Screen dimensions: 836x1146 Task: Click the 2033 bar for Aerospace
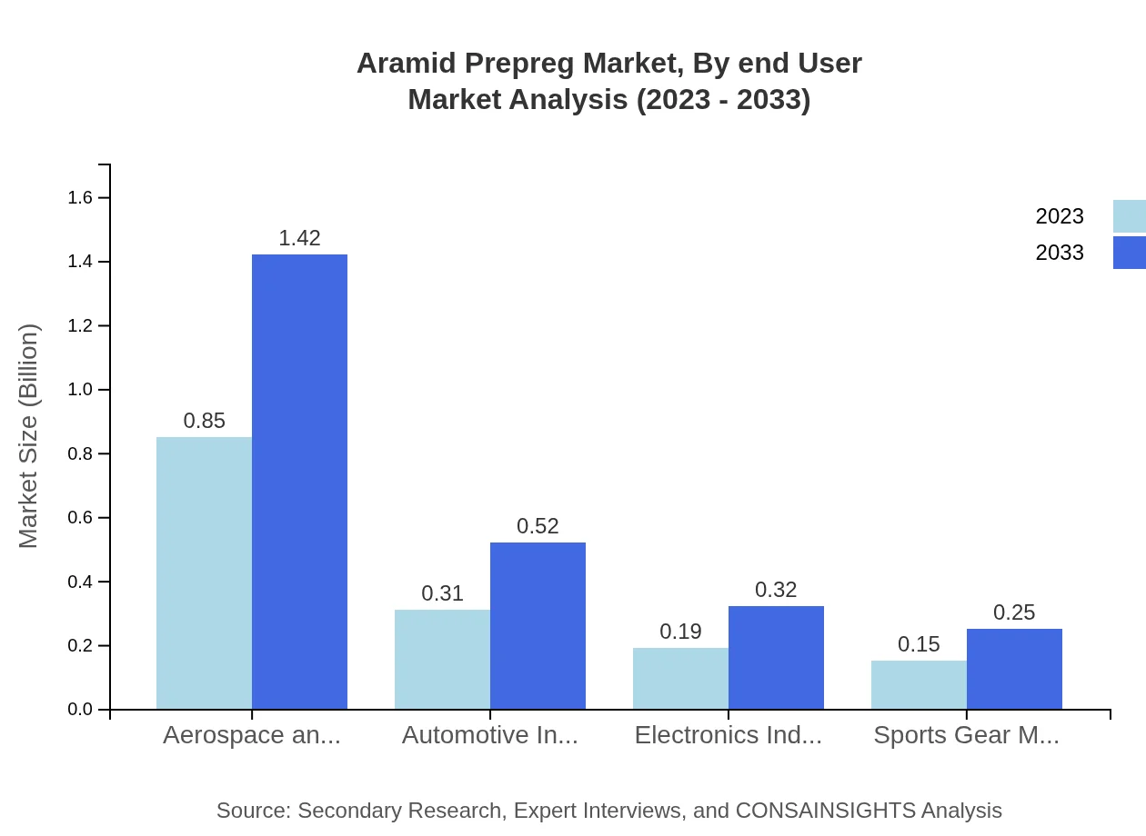tap(299, 482)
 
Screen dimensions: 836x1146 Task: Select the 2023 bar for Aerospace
tap(204, 572)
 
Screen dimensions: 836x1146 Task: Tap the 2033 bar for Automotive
tap(538, 625)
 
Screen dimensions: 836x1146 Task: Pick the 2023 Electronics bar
tap(680, 678)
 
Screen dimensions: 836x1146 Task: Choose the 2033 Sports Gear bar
tap(1014, 669)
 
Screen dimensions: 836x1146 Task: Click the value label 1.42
tap(299, 238)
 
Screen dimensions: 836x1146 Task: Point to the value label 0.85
tap(204, 421)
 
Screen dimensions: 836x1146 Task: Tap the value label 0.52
tap(538, 526)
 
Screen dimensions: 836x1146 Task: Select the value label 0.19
tap(680, 632)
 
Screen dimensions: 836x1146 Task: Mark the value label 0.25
tap(1014, 612)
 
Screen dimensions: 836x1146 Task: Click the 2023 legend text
tap(1060, 216)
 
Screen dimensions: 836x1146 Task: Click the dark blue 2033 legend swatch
tap(1129, 253)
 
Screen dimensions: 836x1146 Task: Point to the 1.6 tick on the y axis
tap(80, 198)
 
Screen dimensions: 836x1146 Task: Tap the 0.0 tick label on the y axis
tap(80, 710)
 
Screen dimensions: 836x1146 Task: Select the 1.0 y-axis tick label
tap(80, 390)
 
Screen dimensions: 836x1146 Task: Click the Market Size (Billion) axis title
tap(29, 436)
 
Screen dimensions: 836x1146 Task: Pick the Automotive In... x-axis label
tap(490, 735)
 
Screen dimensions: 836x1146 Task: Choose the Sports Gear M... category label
tap(966, 735)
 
